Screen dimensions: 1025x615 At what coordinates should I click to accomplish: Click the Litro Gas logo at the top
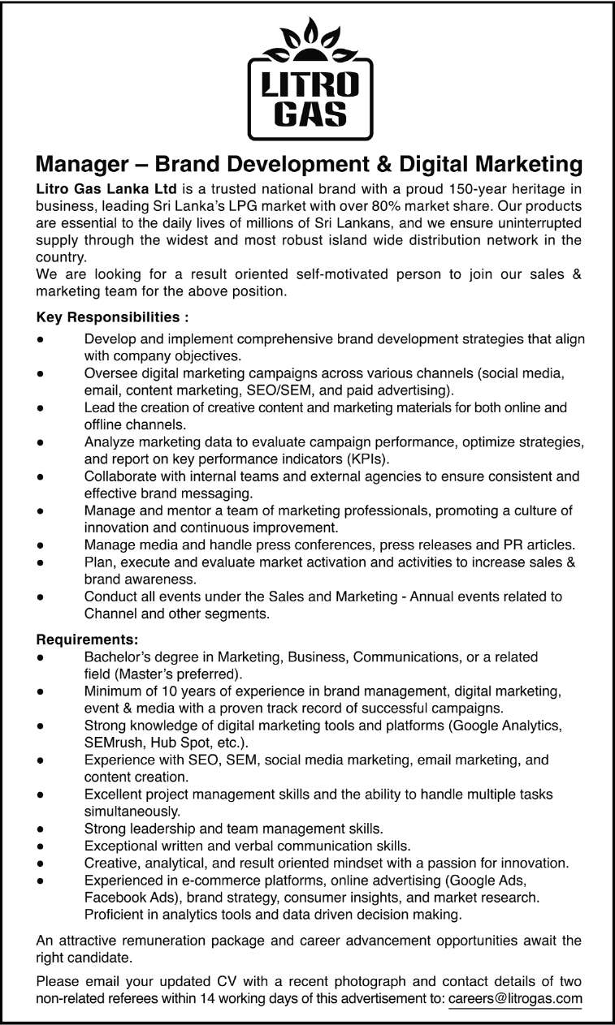307,81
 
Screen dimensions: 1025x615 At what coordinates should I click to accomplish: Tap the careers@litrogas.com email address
515,998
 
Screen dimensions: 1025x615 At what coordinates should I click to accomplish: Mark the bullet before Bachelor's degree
41,657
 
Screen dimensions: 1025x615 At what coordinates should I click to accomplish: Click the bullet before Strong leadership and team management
41,829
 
